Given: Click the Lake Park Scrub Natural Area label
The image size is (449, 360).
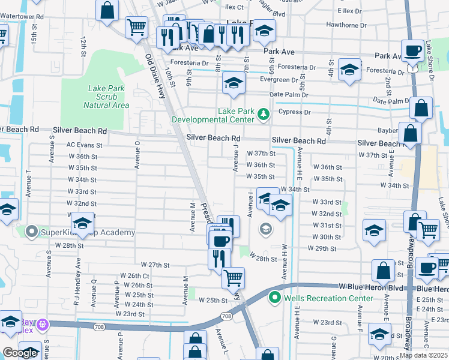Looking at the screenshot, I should point(106,97).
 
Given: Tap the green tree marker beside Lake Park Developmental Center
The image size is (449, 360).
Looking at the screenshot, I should point(262,113).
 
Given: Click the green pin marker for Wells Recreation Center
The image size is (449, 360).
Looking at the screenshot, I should point(275,297).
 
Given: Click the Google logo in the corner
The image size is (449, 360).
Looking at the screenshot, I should point(20,353).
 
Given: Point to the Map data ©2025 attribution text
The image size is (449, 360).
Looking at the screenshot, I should point(424,355).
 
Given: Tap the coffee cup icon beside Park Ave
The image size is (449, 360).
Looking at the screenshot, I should point(412,51).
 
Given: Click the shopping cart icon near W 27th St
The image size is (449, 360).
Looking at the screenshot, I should point(233,277).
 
